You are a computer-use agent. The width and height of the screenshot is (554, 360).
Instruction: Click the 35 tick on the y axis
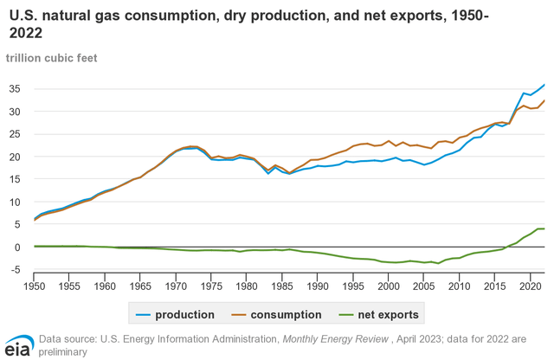click(17, 89)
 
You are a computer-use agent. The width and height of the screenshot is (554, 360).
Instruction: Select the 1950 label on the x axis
click(35, 285)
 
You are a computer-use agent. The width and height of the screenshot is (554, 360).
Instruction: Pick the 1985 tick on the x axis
click(281, 285)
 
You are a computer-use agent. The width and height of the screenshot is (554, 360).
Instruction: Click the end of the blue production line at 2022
click(544, 85)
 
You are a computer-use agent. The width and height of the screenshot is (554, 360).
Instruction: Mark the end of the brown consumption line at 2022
click(544, 101)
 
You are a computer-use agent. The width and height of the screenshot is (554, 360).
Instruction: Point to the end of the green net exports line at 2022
click(544, 229)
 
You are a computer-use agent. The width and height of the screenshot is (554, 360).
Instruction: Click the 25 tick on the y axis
click(17, 134)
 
